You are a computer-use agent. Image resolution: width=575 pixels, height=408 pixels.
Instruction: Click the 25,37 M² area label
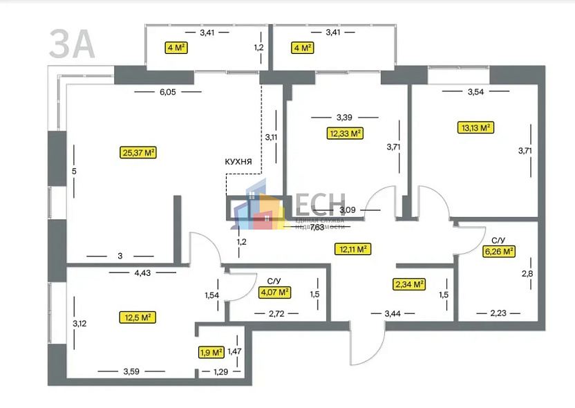[x=138, y=152]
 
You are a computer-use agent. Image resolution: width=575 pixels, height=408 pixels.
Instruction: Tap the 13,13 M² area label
[x=475, y=127]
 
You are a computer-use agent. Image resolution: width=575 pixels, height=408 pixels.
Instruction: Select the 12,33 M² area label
[x=345, y=133]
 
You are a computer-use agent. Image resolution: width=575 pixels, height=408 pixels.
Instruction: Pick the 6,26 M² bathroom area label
[x=498, y=252]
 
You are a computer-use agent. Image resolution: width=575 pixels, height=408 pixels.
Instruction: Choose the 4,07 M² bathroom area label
[x=274, y=293]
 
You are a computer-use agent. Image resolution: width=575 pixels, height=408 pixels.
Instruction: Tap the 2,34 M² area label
[x=409, y=284]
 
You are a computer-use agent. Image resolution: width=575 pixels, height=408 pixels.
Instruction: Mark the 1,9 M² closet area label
[x=211, y=353]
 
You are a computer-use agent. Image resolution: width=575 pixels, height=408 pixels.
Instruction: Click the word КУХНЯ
[x=243, y=162]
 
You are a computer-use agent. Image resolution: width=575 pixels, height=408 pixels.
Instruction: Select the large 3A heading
[x=71, y=44]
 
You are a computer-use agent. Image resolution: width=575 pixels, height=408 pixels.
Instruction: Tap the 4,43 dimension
[x=142, y=273]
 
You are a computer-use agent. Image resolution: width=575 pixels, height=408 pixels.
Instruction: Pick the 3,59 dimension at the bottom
[x=131, y=372]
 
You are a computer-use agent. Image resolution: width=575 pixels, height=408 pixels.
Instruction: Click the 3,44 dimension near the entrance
[x=393, y=314]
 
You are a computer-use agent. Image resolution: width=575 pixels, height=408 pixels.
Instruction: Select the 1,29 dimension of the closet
[x=219, y=373]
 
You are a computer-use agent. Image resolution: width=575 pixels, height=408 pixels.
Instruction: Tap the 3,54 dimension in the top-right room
[x=478, y=91]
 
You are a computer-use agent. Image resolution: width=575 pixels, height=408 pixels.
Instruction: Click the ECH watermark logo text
[x=321, y=205]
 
